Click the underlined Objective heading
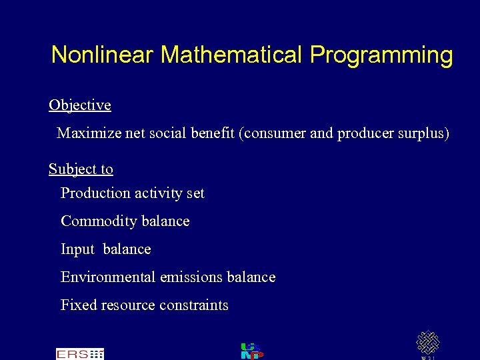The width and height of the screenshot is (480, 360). [80, 105]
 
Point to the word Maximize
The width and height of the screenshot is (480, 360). [89, 133]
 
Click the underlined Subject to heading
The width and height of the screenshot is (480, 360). [81, 169]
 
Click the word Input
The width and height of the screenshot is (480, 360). [77, 249]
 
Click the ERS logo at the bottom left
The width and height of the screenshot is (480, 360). [79, 354]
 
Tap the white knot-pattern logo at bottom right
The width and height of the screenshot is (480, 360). [427, 343]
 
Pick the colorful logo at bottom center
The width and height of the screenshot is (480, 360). [252, 351]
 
